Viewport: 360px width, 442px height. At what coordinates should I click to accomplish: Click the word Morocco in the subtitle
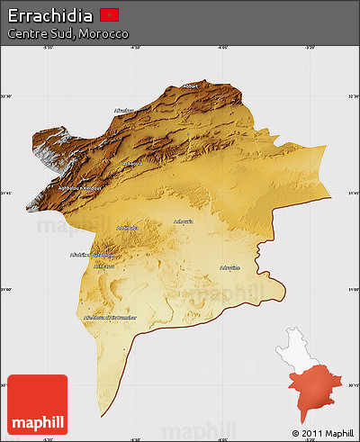(104, 33)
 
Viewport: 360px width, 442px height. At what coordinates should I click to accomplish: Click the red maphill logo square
(37, 404)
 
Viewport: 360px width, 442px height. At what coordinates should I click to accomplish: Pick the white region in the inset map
(302, 346)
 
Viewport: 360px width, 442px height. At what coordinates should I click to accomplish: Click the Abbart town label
(190, 86)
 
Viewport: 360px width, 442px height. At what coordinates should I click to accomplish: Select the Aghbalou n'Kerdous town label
(80, 189)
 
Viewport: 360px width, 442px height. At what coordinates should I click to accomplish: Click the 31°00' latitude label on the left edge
(6, 289)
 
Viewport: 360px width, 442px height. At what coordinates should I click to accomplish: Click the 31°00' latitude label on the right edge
(353, 289)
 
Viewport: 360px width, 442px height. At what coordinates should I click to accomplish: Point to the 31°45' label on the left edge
(6, 192)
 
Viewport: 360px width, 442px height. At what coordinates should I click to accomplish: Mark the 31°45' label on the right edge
(353, 192)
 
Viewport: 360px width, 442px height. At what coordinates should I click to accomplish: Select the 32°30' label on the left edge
(6, 95)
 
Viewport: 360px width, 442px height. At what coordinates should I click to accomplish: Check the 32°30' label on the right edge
(353, 95)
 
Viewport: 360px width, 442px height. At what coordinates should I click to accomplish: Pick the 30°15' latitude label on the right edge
(353, 385)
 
